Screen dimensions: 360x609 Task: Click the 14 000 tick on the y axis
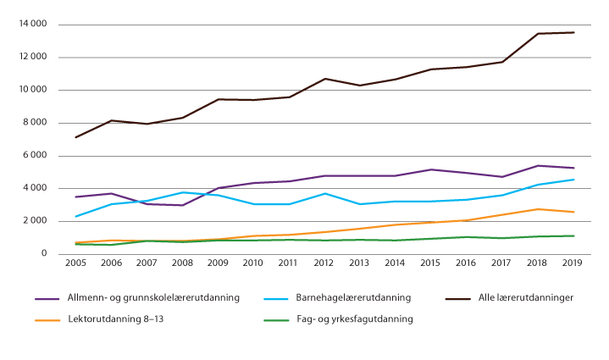click(x=31, y=25)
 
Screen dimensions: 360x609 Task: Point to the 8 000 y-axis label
click(x=34, y=123)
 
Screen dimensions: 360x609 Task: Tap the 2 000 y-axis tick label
click(x=34, y=221)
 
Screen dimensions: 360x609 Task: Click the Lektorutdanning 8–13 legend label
click(x=119, y=319)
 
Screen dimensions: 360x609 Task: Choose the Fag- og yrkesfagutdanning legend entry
click(x=359, y=319)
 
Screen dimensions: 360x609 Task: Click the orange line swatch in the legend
click(x=47, y=319)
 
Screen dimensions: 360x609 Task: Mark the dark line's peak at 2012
click(x=324, y=79)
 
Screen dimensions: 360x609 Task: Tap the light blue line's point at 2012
click(x=324, y=193)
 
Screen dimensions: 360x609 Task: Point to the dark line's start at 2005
click(x=77, y=137)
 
